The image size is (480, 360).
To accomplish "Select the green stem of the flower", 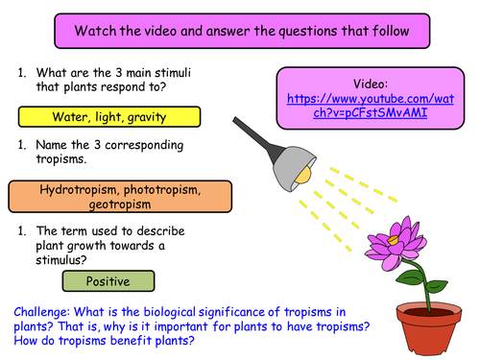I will (408, 283).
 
